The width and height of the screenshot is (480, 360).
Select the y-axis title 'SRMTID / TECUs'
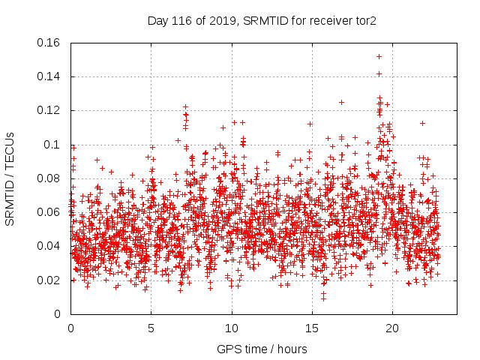coord(10,178)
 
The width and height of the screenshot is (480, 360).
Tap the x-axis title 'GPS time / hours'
coord(262,349)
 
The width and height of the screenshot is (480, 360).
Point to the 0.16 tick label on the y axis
coord(49,43)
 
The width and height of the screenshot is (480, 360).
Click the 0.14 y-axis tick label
coord(49,76)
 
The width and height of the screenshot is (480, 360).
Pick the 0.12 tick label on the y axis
coord(49,110)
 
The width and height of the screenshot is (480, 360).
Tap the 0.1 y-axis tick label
coord(54,145)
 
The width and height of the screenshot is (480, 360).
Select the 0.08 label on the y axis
coord(49,178)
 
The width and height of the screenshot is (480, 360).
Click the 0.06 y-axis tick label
coord(49,212)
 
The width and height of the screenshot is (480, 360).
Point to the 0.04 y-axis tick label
coord(49,246)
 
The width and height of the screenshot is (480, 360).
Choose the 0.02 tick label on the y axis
coord(49,280)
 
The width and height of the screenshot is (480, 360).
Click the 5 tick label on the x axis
coord(151,328)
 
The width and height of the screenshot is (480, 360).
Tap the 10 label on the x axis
coord(232,328)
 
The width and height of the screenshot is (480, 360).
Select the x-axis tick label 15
coord(312,328)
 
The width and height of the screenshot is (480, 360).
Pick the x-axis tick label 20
coord(392,328)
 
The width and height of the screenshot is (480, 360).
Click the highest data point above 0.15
coord(379,56)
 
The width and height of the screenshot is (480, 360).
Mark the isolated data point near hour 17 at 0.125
coord(341,102)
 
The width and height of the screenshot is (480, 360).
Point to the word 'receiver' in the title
coord(327,22)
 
